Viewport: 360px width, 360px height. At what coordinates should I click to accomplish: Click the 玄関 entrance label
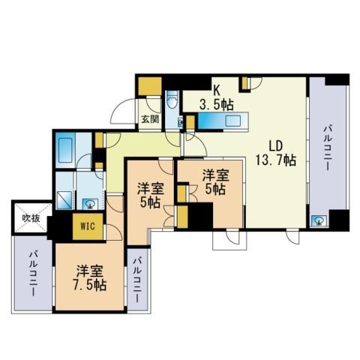click(150, 119)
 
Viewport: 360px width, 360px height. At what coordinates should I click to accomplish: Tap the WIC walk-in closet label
click(88, 226)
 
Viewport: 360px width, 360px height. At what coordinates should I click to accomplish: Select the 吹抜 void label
click(31, 218)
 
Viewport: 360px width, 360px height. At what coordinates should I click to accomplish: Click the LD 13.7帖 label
click(275, 153)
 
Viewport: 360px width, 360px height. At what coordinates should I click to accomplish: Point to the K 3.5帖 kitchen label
click(217, 98)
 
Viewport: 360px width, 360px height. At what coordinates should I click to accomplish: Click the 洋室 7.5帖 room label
click(89, 277)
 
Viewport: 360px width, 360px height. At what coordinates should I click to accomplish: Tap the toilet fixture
click(172, 99)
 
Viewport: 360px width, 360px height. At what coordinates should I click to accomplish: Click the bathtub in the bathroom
click(65, 150)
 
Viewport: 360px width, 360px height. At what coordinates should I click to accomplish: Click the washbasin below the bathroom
click(89, 205)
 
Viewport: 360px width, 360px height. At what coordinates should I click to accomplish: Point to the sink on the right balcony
click(319, 220)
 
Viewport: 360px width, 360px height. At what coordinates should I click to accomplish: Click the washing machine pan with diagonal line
click(64, 200)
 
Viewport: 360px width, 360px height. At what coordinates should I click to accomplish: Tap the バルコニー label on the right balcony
click(328, 148)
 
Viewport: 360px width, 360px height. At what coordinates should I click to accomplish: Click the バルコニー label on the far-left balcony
click(33, 274)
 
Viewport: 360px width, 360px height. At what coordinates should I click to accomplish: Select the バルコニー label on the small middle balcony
click(138, 280)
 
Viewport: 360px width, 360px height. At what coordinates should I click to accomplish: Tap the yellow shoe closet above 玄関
click(150, 86)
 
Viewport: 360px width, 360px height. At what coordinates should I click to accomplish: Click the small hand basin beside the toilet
click(180, 122)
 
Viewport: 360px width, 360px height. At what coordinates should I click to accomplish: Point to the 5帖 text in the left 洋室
click(150, 203)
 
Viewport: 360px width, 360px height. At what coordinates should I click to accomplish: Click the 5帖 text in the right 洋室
click(215, 189)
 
